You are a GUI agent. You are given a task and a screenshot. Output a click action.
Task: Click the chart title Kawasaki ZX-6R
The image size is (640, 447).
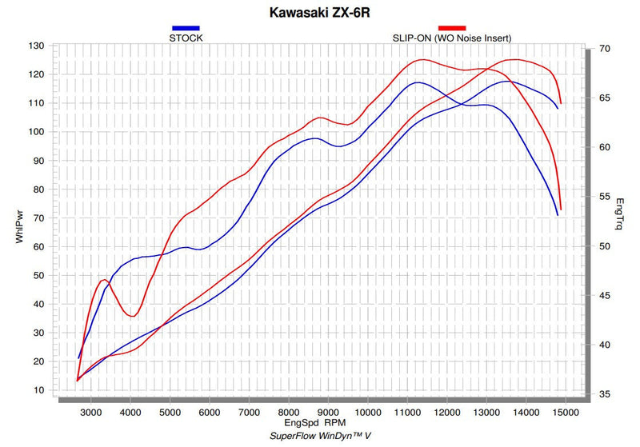pyautogui.click(x=319, y=12)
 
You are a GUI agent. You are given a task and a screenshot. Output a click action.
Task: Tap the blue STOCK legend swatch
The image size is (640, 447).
pyautogui.click(x=186, y=28)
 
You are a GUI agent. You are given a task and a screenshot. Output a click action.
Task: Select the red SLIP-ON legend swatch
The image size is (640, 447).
pyautogui.click(x=452, y=28)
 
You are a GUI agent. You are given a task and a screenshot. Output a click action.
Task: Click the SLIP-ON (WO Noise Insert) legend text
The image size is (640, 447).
pyautogui.click(x=452, y=38)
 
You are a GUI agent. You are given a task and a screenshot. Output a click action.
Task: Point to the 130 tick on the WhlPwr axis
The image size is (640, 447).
pyautogui.click(x=36, y=46)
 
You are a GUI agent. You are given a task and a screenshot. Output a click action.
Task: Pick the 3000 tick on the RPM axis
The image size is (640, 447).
pyautogui.click(x=90, y=413)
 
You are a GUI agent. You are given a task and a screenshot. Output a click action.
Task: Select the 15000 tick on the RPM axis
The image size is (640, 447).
pyautogui.click(x=566, y=413)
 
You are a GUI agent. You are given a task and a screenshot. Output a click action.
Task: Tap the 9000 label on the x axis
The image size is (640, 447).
pyautogui.click(x=328, y=413)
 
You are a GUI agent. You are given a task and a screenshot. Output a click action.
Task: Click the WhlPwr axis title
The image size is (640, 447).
pyautogui.click(x=19, y=227)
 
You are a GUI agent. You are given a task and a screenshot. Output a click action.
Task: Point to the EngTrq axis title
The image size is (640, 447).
pyautogui.click(x=619, y=214)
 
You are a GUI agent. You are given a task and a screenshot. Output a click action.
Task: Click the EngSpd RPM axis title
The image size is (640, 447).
pyautogui.click(x=314, y=422)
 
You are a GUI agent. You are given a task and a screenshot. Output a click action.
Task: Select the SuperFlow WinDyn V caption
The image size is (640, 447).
pyautogui.click(x=320, y=436)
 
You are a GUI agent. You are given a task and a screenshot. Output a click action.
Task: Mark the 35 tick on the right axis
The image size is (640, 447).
pyautogui.click(x=605, y=394)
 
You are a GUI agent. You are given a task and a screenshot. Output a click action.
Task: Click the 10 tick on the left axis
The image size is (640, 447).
pyautogui.click(x=38, y=390)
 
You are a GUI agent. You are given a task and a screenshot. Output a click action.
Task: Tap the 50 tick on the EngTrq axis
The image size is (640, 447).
pyautogui.click(x=605, y=246)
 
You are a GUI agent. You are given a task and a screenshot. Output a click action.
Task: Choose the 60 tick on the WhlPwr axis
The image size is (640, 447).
pyautogui.click(x=38, y=247)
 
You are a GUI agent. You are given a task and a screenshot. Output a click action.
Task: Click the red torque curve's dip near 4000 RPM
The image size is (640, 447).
pyautogui.click(x=133, y=316)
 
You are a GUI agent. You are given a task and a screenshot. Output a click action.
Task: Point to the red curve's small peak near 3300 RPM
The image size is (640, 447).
pyautogui.click(x=105, y=280)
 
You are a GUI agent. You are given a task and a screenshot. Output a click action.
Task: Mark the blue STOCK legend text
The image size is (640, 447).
pyautogui.click(x=186, y=38)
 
